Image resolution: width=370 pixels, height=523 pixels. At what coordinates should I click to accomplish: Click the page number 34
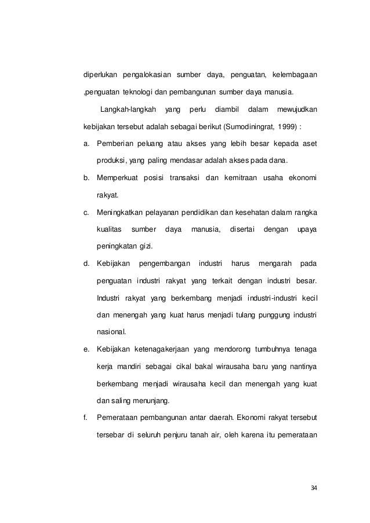(314, 487)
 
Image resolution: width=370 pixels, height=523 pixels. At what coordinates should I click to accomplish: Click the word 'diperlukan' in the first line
(101, 75)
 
